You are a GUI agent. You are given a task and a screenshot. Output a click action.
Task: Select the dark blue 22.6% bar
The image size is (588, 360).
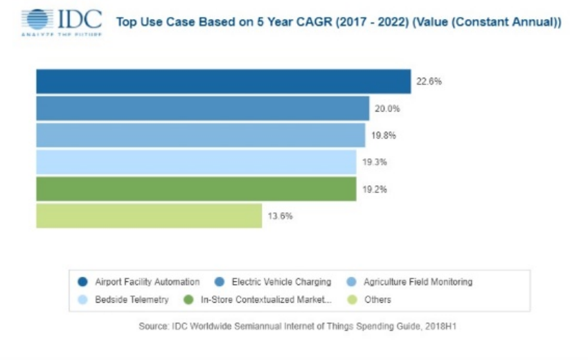pos(223,82)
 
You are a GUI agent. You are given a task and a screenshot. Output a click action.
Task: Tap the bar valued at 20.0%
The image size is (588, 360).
pos(202,109)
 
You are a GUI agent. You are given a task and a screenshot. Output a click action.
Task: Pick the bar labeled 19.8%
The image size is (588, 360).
pos(200,135)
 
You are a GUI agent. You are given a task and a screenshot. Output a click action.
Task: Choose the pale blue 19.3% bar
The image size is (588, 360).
pos(196,162)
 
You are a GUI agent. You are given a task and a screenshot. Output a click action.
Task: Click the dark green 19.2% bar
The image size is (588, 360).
pos(196,189)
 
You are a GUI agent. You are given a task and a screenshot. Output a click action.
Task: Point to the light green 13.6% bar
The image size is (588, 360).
pos(149,216)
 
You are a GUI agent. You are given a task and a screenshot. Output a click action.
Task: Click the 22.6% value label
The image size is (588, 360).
pos(429,81)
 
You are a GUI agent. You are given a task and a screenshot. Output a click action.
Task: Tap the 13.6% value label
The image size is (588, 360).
pos(280,216)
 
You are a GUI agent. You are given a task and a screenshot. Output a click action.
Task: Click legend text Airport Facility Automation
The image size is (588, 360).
pos(147,282)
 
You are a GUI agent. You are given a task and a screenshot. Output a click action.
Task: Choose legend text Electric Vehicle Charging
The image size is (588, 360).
pos(281,282)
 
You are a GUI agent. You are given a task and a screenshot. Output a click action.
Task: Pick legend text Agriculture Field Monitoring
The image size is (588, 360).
pos(418,282)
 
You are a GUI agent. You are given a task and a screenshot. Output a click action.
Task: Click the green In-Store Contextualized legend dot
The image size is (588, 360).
pos(188,300)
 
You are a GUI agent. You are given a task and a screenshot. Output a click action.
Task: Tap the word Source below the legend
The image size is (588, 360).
pos(153,326)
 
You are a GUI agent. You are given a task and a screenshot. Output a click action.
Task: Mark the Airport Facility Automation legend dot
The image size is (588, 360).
pos(82,282)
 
